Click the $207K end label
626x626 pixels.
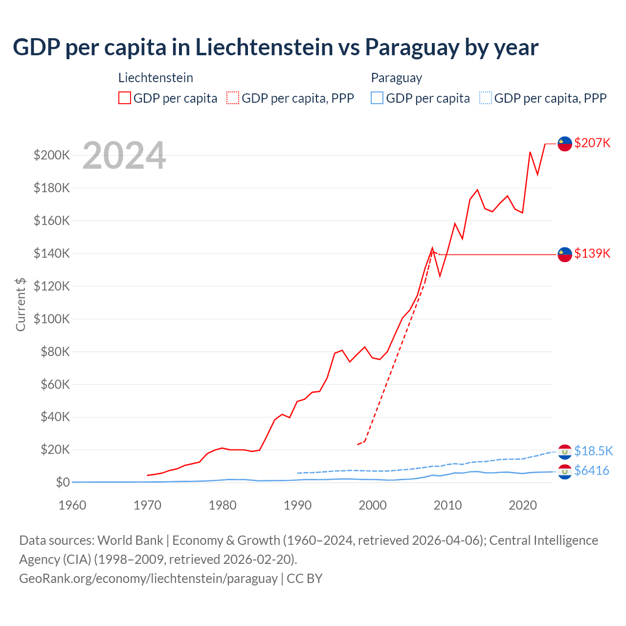point(592,143)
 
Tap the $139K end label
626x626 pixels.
point(592,253)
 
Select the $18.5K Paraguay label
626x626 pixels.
point(593,451)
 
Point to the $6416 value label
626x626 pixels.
point(591,470)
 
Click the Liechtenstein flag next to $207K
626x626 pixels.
point(565,144)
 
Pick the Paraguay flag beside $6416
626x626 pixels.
point(565,472)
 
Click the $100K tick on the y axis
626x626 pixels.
point(51,319)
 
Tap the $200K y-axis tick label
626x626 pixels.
point(51,156)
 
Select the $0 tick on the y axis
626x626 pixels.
point(63,482)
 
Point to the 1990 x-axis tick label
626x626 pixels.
point(297,505)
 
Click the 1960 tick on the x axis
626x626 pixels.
point(72,505)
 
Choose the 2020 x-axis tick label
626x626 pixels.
point(523,505)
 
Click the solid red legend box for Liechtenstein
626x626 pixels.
point(125,98)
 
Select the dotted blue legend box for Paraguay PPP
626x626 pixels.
point(486,98)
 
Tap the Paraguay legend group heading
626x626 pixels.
point(396,78)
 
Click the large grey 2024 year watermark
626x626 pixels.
point(124,156)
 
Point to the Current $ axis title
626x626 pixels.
point(21,304)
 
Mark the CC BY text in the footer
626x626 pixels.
point(304,579)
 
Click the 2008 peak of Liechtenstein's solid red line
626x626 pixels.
point(432,248)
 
